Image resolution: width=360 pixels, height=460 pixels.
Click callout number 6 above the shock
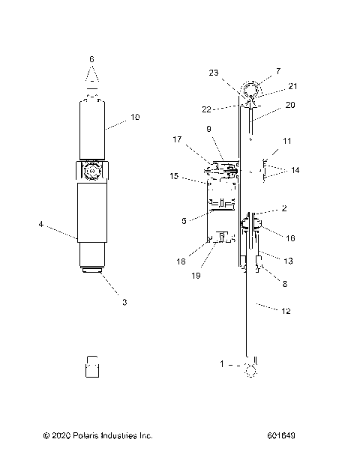[91, 59]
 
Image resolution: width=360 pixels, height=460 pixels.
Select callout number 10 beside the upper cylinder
[135, 117]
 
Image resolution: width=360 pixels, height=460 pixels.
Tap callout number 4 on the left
[41, 225]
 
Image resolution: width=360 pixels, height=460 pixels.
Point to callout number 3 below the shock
[124, 302]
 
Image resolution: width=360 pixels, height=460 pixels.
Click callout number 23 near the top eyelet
[214, 73]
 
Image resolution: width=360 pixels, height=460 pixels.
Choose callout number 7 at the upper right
[278, 71]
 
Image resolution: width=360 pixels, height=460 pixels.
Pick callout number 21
[292, 86]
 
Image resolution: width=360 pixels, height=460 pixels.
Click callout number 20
[290, 105]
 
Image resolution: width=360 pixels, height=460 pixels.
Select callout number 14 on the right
[295, 170]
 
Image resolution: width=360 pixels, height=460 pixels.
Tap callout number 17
[177, 139]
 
